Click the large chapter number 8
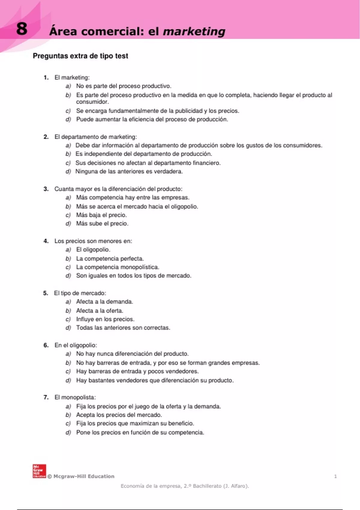(x=22, y=29)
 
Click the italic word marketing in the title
(x=194, y=31)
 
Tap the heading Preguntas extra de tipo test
(x=80, y=56)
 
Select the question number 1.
(x=46, y=78)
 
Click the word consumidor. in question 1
(x=92, y=102)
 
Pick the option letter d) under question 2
(x=68, y=172)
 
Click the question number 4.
(x=46, y=241)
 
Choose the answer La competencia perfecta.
(x=110, y=259)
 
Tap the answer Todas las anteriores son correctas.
(x=123, y=328)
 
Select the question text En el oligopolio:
(x=76, y=345)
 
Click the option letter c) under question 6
(x=68, y=371)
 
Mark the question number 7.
(x=46, y=397)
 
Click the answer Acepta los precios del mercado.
(x=119, y=415)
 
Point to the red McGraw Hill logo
(x=39, y=471)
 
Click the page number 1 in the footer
(x=335, y=476)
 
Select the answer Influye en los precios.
(x=105, y=319)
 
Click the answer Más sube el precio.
(x=102, y=224)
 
